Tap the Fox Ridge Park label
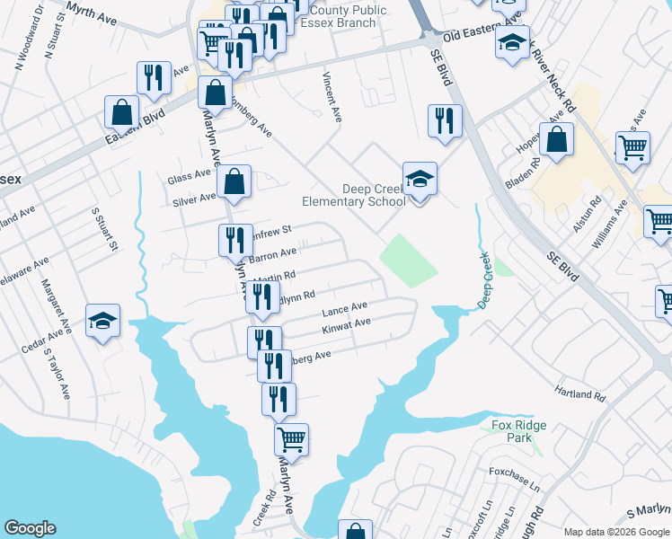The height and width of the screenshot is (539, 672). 513,431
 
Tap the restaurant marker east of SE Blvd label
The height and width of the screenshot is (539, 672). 444,122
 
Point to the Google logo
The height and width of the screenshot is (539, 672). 30,528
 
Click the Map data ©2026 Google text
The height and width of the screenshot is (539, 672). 616,532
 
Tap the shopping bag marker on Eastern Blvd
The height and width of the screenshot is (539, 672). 121,113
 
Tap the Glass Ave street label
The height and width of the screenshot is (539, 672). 188,179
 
